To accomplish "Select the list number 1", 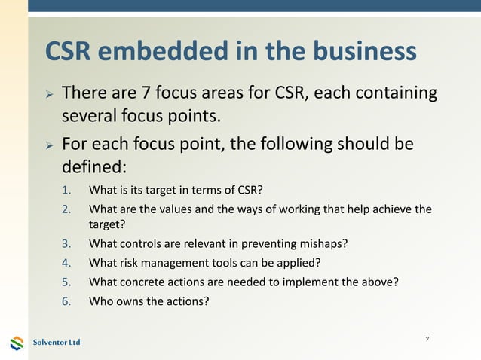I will [66, 189].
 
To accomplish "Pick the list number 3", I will [66, 243].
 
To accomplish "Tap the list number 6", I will [66, 301].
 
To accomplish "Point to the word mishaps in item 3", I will [326, 243].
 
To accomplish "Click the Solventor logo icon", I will [17, 343].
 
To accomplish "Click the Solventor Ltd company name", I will [57, 343].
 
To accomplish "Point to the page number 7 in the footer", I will [427, 340].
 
